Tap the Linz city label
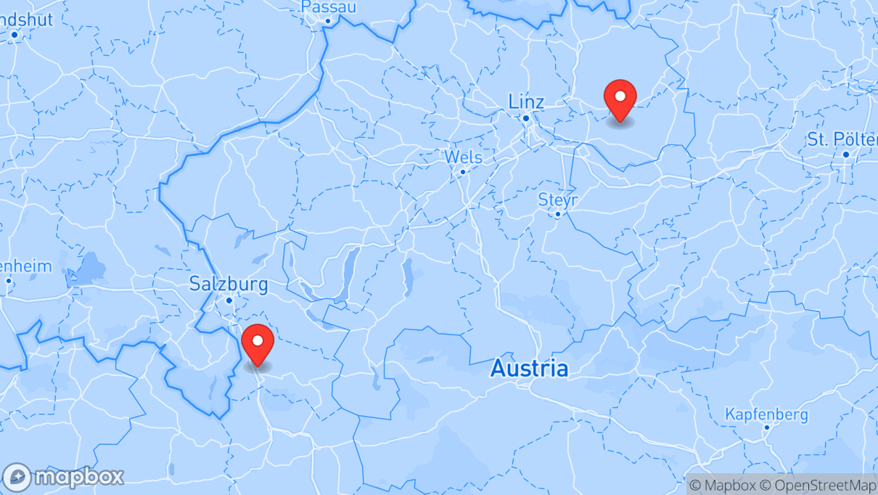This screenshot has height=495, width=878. (x=526, y=101)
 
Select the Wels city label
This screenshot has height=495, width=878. (x=463, y=157)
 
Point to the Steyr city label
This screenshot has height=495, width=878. (x=557, y=199)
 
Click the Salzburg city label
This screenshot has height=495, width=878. (x=229, y=284)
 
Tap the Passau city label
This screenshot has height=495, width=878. (x=328, y=7)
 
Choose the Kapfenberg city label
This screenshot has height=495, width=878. (x=766, y=414)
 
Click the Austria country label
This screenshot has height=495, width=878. (x=529, y=369)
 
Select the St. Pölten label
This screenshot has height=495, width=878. (x=842, y=139)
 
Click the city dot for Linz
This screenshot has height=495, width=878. (x=526, y=118)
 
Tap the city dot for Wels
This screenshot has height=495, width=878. (x=463, y=172)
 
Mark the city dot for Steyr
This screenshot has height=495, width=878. (x=557, y=214)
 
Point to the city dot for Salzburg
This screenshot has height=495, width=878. (x=229, y=300)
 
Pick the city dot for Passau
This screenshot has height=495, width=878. (x=328, y=21)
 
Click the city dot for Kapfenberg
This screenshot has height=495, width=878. (x=766, y=427)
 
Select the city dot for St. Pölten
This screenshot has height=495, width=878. (x=846, y=155)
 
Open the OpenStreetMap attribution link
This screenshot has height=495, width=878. (x=818, y=485)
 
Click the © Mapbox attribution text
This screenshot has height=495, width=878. (x=723, y=485)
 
